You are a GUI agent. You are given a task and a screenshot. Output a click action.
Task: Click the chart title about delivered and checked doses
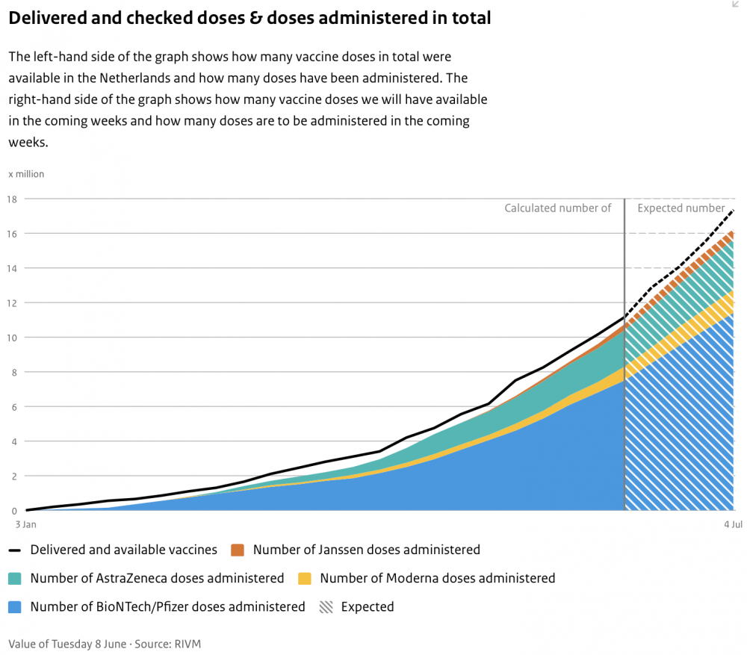pos(249,18)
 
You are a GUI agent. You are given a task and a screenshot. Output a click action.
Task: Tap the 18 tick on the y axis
pos(11,199)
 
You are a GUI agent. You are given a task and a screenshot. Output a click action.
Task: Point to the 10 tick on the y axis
pos(11,338)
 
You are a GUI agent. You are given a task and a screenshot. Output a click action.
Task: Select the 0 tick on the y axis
pos(14,511)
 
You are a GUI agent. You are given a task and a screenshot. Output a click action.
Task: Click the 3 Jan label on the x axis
pos(25,524)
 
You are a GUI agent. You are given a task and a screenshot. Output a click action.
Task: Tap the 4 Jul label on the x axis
pos(734,524)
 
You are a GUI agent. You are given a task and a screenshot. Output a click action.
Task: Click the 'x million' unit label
pos(26,174)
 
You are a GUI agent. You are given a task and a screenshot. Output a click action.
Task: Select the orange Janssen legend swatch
pos(238,550)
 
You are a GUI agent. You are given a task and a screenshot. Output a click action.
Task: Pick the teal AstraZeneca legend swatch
pos(15,579)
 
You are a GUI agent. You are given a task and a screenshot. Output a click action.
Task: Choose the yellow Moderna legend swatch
pos(305,579)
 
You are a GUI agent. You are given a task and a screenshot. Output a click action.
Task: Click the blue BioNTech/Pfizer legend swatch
pos(15,607)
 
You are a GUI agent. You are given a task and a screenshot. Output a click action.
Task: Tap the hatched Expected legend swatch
pos(326,607)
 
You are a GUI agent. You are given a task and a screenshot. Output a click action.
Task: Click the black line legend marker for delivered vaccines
pos(15,550)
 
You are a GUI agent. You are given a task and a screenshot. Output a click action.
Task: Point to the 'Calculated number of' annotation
pos(558,208)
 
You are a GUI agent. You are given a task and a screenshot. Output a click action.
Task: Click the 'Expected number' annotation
pos(681,208)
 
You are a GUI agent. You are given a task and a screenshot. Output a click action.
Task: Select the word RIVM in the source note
pos(187,644)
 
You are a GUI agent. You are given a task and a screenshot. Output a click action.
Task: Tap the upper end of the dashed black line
pos(734,210)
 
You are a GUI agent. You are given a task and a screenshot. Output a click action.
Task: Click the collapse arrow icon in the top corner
pos(736,4)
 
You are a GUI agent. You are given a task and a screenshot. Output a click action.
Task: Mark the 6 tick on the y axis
pos(14,407)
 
